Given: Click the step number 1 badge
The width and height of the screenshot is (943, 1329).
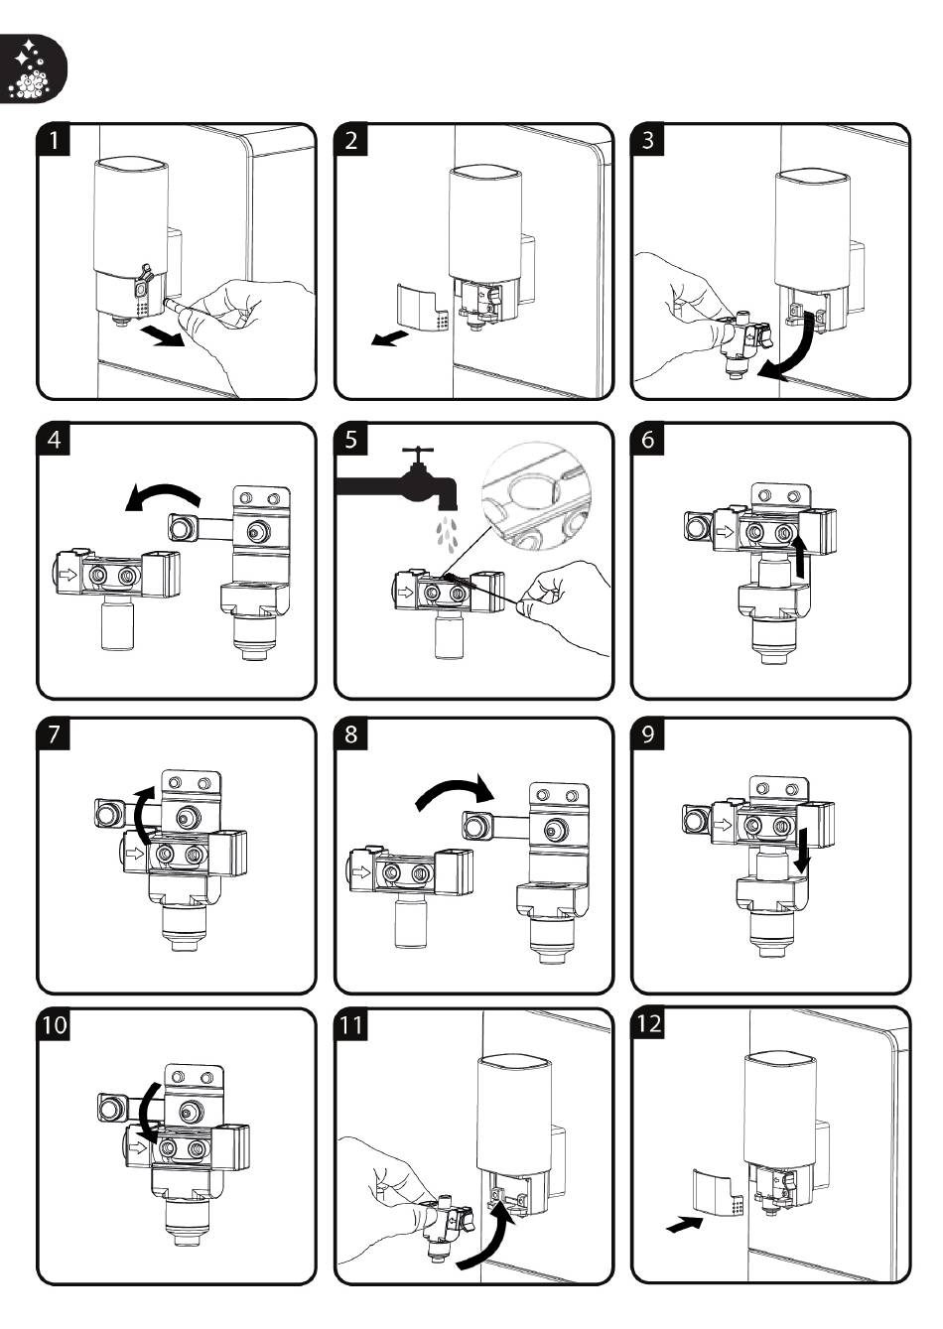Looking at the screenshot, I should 54,140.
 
